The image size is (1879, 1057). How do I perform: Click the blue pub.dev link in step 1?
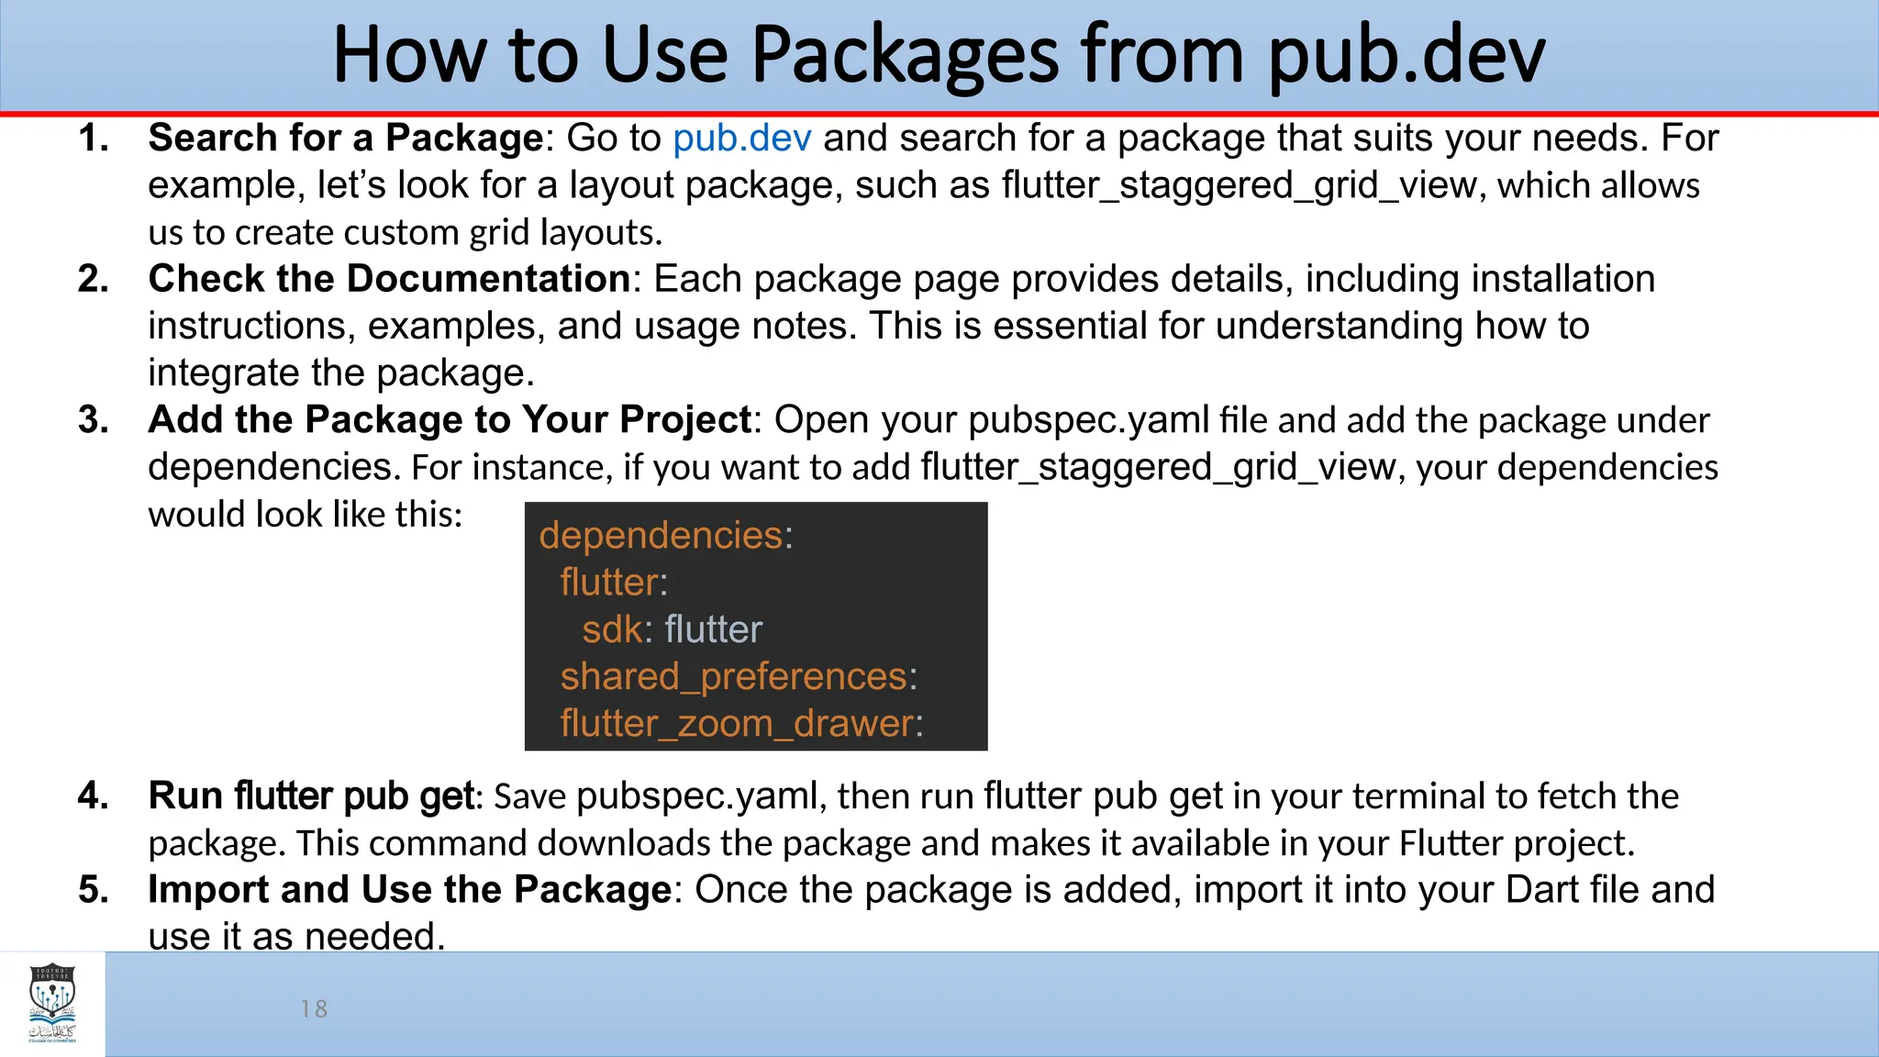(x=741, y=139)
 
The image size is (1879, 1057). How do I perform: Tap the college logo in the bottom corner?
(x=52, y=1003)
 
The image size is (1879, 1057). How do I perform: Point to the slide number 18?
(x=314, y=1009)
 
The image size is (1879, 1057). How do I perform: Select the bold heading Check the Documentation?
(x=389, y=279)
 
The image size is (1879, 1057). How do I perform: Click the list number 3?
(x=93, y=420)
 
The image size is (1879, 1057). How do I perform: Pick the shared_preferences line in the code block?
(x=738, y=677)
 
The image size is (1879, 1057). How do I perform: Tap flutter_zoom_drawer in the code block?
(x=740, y=724)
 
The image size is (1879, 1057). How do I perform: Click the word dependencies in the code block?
(x=661, y=536)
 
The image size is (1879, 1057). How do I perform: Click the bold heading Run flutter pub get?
(x=311, y=796)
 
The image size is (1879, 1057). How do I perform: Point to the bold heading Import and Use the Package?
(x=410, y=890)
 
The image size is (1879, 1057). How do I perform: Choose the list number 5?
(x=93, y=890)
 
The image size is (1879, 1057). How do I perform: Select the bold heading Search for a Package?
(x=346, y=139)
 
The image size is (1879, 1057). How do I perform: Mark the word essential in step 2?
(x=1069, y=327)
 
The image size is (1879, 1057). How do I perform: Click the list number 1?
(x=93, y=139)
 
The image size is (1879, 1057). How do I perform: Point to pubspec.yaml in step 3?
(x=1088, y=420)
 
